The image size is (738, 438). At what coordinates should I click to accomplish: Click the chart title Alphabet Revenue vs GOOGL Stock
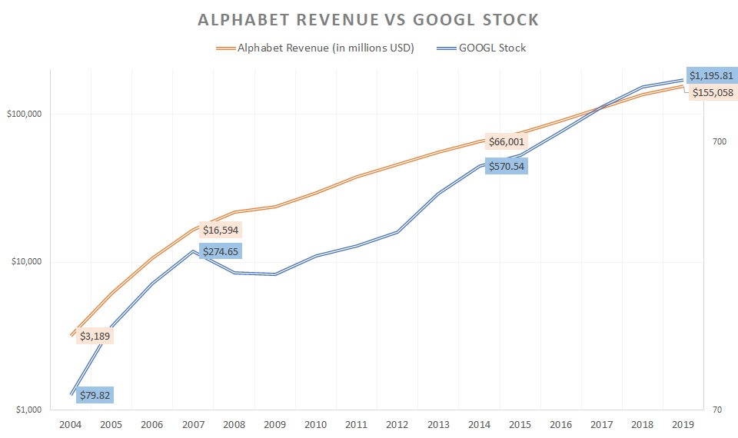point(368,20)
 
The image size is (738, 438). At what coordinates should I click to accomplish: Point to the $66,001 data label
point(506,141)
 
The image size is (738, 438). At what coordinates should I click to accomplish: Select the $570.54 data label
point(506,165)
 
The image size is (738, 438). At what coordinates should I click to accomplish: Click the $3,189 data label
point(95,335)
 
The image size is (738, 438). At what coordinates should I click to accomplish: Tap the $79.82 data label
point(95,395)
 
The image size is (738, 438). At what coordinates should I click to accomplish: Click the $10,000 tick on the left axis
point(27,261)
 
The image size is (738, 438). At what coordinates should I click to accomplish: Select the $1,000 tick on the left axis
point(28,410)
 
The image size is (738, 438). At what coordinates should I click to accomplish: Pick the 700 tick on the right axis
point(720,142)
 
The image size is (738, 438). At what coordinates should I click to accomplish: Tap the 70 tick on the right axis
point(717,410)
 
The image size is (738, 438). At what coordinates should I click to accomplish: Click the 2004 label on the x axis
point(71,424)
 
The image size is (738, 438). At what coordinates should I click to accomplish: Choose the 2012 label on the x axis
point(397,424)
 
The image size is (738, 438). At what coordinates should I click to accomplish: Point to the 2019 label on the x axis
point(683,424)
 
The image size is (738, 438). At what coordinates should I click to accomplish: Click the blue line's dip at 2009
point(275,274)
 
